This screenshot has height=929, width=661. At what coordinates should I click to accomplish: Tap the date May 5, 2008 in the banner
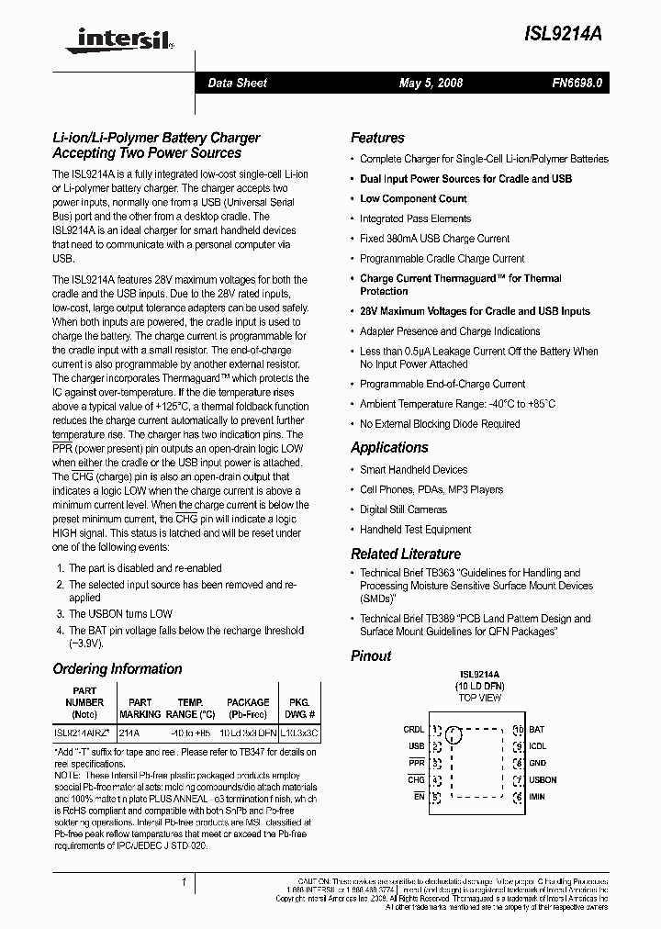431,83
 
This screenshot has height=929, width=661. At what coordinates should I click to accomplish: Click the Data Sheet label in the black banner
237,83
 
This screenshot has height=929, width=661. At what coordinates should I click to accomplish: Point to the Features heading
377,138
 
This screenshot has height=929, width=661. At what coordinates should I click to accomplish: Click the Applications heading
389,447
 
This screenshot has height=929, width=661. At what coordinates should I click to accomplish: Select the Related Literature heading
406,554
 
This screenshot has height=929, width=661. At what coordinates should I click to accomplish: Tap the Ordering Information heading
118,668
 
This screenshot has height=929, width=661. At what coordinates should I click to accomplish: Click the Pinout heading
371,655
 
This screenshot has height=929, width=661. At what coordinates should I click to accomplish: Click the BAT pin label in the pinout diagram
536,730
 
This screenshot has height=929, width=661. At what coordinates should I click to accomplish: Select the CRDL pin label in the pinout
413,730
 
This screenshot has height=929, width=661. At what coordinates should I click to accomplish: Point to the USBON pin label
543,779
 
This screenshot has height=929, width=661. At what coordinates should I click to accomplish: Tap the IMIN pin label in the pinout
537,796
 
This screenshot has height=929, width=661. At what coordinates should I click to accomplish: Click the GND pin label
537,763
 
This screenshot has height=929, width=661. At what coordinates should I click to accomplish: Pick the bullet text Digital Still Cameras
404,509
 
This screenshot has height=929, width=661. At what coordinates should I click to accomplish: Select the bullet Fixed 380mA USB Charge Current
434,239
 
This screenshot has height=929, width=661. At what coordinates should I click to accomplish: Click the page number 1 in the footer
185,882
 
